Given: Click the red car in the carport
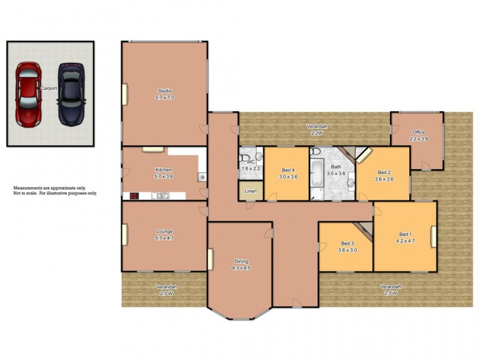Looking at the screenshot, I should pos(27,94).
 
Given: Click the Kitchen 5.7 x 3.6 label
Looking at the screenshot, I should pos(164,173).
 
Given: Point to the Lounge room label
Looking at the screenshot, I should pos(164,235).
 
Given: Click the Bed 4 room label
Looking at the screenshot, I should pos(289,173).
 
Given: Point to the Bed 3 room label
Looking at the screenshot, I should pos(347,247).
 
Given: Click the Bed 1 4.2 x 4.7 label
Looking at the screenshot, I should pos(406,237).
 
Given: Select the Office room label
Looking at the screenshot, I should pos(418,136).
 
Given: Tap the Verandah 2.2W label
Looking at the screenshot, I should pos(317,130).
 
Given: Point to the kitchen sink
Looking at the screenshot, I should pos(159,196).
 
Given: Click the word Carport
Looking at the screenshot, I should pos(49,88).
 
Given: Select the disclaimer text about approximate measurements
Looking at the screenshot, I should pos(55,191).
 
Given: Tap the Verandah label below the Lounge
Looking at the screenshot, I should pos(166,290).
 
